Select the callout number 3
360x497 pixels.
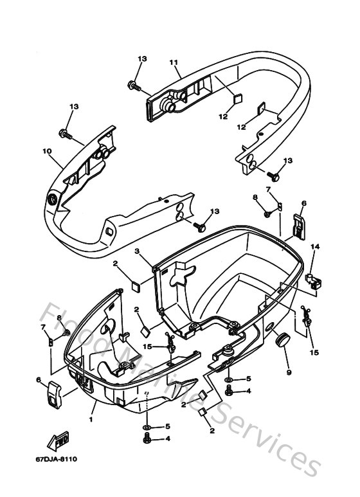click(x=136, y=252)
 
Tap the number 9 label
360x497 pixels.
click(x=288, y=372)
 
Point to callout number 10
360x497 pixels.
click(x=47, y=152)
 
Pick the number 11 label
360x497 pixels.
click(x=172, y=62)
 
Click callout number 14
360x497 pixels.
click(x=315, y=246)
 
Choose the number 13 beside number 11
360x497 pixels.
click(x=141, y=59)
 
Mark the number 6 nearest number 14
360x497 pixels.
click(x=304, y=203)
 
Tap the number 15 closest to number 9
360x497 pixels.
click(x=313, y=352)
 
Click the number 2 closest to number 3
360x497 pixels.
click(x=115, y=263)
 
